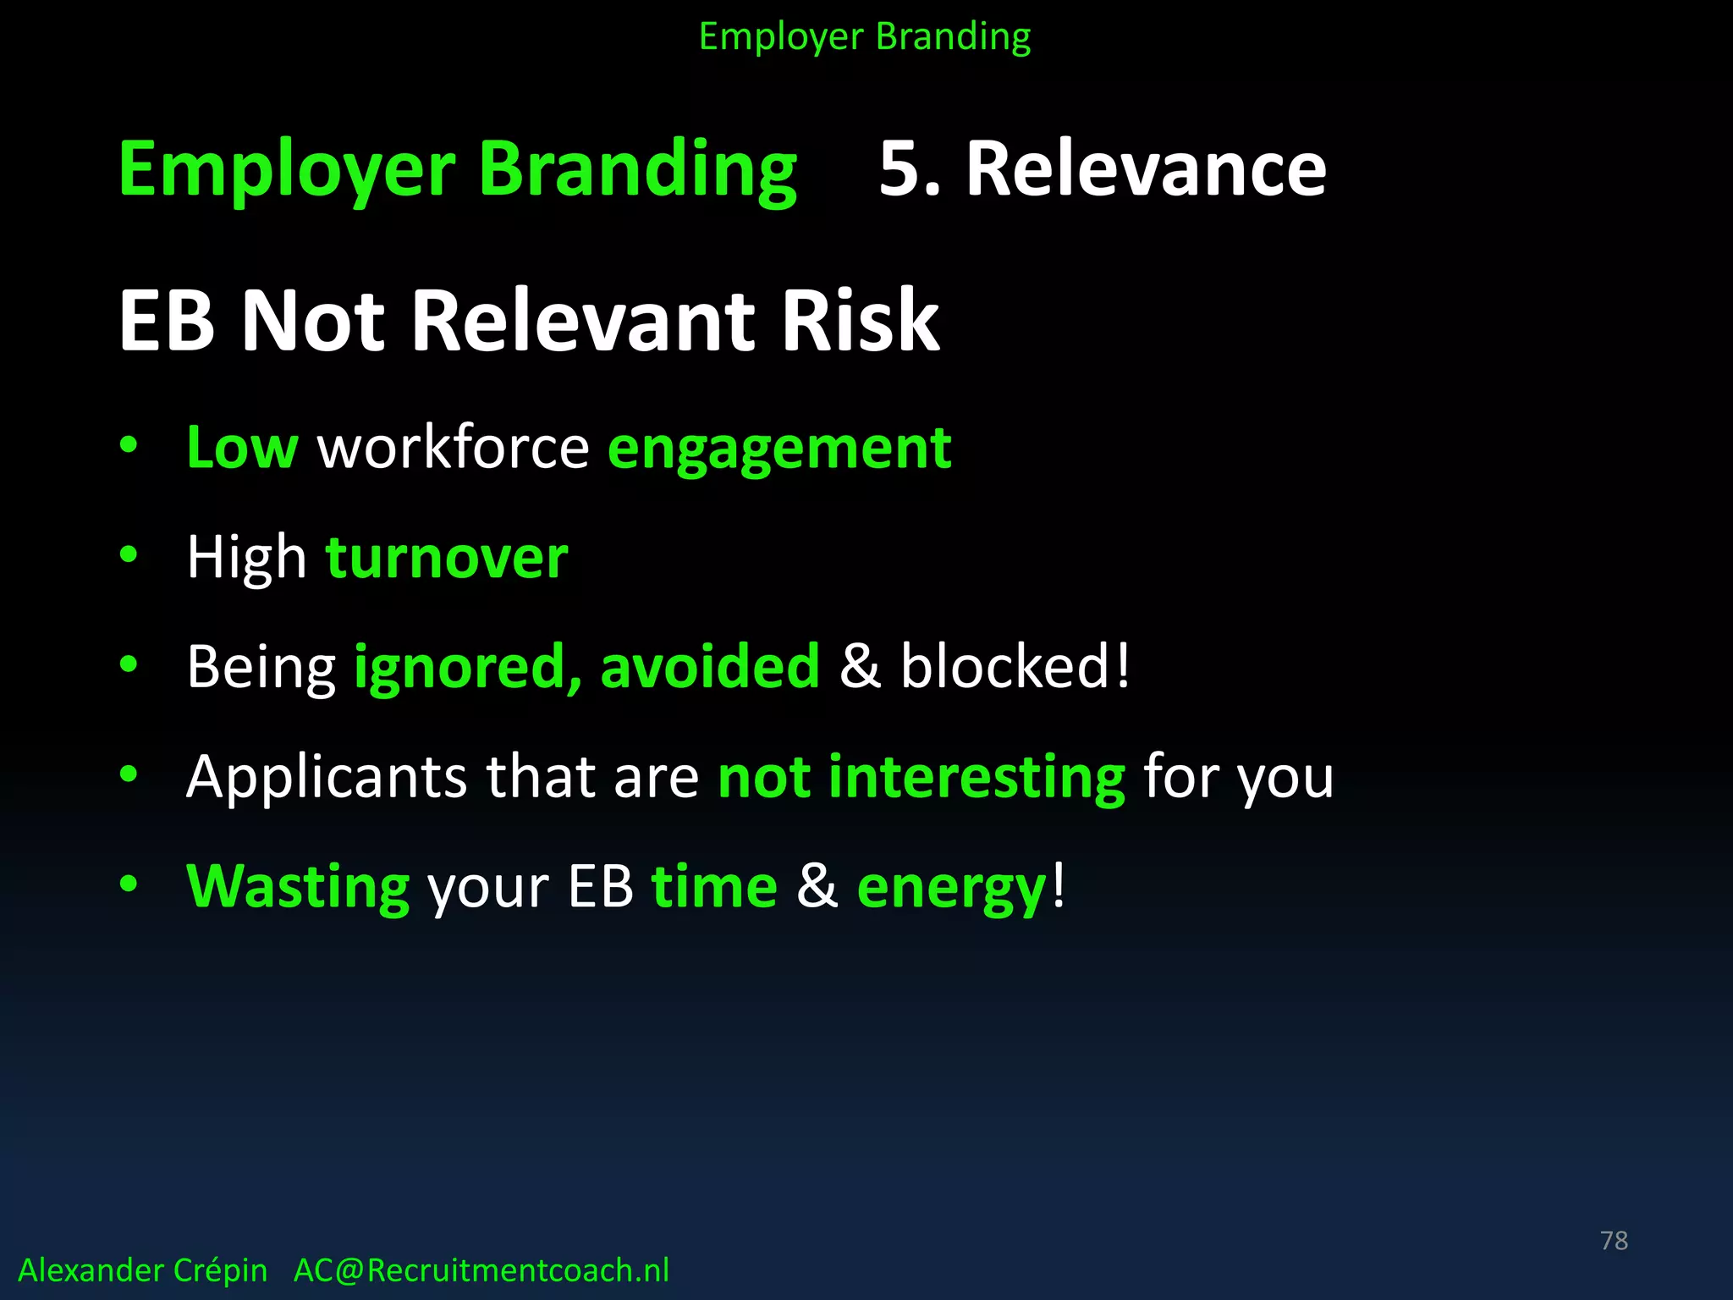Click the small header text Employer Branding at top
click(x=864, y=37)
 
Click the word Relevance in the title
click(x=1146, y=169)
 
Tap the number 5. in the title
click(x=909, y=169)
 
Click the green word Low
click(x=242, y=448)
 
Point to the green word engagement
click(x=779, y=449)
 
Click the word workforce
click(x=453, y=448)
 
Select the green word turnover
click(x=447, y=559)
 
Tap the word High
click(x=246, y=559)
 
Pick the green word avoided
click(x=710, y=666)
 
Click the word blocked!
click(x=1015, y=666)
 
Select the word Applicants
click(x=326, y=777)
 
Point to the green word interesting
click(x=977, y=777)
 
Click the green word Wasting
click(x=298, y=887)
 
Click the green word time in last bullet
click(x=714, y=887)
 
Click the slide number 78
click(x=1614, y=1241)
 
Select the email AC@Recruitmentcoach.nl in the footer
click(x=481, y=1270)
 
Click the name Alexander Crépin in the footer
click(x=142, y=1270)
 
